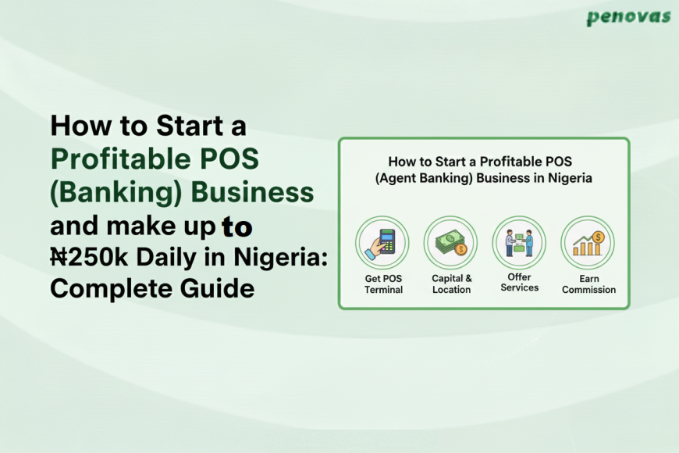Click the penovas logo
pos(629,17)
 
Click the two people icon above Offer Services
pos(519,243)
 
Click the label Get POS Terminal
pos(383,284)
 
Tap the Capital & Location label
pos(452,284)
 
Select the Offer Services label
pos(520,283)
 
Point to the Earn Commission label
pos(588,284)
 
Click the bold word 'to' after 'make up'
pos(236,226)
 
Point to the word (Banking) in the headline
pos(109,192)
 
